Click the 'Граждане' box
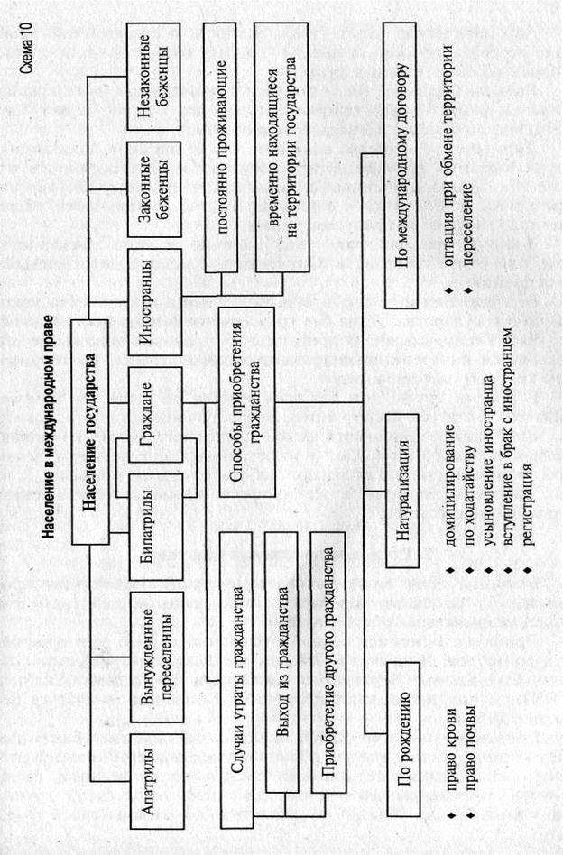(x=155, y=416)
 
